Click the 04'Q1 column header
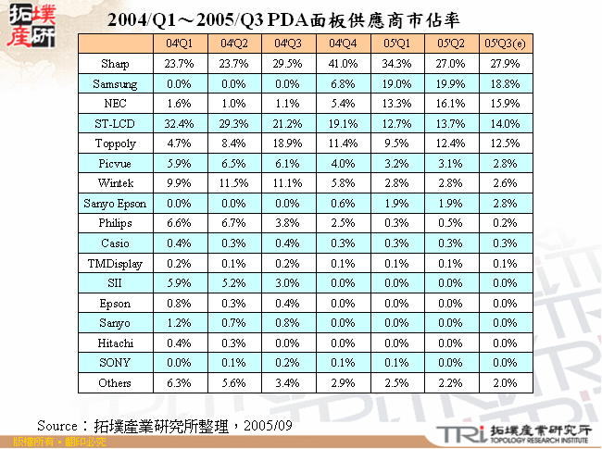pyautogui.click(x=180, y=44)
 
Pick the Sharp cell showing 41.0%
pyautogui.click(x=342, y=64)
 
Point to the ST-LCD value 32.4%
pyautogui.click(x=180, y=123)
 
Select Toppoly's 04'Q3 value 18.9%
pyautogui.click(x=288, y=143)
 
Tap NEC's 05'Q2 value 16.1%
pyautogui.click(x=450, y=104)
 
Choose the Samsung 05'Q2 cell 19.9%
pyautogui.click(x=450, y=83)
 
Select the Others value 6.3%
pyautogui.click(x=180, y=382)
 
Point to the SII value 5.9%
pyautogui.click(x=180, y=282)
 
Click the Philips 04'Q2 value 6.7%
pyautogui.click(x=233, y=223)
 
